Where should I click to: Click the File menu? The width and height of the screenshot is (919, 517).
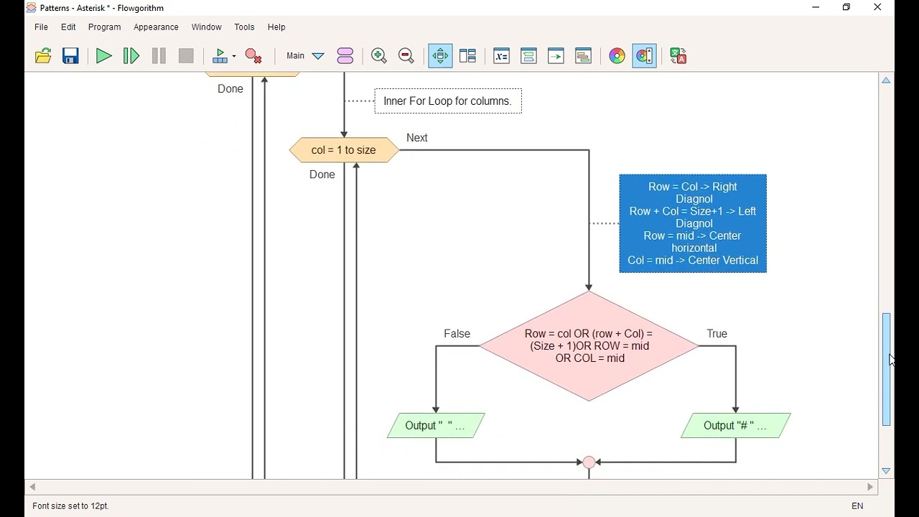pos(42,27)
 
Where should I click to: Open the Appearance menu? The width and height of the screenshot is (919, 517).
pos(156,27)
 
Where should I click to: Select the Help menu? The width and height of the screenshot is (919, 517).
pos(276,27)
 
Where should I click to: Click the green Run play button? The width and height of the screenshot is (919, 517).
pos(104,56)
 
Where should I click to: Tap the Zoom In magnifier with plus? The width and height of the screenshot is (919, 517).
pos(379,56)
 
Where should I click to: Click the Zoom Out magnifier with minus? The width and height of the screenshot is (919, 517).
pos(406,56)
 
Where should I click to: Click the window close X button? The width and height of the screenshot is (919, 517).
pos(877,8)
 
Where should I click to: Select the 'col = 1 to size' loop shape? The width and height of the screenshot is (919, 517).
pos(344,150)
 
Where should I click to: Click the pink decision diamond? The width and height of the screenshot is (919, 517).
pos(589,346)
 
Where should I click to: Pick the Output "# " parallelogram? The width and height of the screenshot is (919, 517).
pos(736,426)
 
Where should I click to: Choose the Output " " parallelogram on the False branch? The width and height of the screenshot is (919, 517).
pos(436,426)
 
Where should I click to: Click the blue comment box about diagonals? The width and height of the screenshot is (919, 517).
pos(693,223)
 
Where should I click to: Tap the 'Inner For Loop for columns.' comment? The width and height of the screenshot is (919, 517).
pos(448,101)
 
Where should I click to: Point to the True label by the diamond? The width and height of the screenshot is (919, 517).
pos(717,334)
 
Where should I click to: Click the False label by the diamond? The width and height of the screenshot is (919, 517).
pos(457,334)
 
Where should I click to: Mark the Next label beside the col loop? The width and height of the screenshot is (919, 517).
pos(417,138)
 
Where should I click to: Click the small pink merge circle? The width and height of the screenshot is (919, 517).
pos(589,462)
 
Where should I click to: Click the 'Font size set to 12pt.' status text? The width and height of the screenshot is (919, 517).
pos(70,506)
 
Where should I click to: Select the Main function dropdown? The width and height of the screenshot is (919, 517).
pos(305,56)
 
